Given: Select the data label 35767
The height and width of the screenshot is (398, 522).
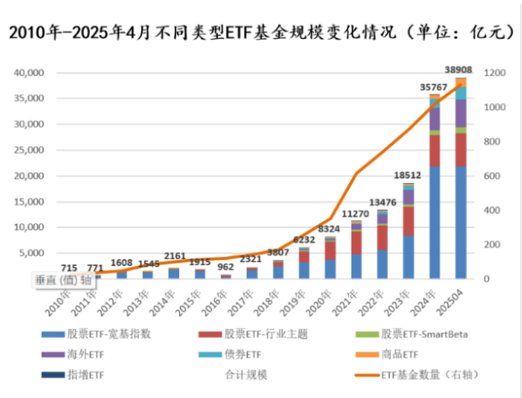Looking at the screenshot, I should pos(434,88).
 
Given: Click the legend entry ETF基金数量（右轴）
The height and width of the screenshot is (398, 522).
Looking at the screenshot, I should pos(431,374).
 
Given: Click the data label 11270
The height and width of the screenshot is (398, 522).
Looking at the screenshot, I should pos(354,213).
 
